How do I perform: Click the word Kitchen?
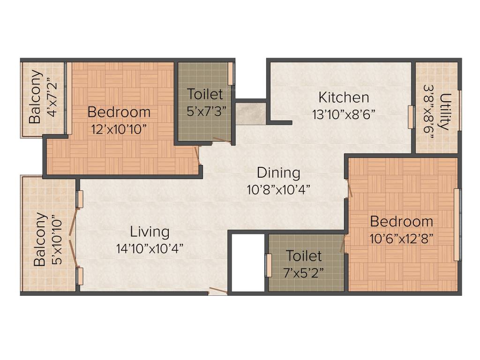point(344,97)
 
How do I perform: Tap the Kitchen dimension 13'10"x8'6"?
point(344,114)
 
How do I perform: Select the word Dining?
point(278,172)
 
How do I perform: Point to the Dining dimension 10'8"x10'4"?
point(278,190)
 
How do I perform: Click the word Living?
point(150,232)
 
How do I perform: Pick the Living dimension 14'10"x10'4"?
point(150,248)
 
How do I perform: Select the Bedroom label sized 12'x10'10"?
point(119,112)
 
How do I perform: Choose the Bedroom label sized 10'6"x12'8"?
point(401,221)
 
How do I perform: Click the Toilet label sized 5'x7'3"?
point(205,94)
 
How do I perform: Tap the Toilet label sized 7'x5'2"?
point(304,256)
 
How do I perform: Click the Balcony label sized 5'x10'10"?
point(41,240)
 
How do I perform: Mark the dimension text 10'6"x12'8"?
point(401,238)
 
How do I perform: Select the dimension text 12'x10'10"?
point(119,129)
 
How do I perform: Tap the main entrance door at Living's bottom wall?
point(218,291)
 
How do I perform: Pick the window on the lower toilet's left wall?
point(269,265)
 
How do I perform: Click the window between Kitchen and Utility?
point(411,117)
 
